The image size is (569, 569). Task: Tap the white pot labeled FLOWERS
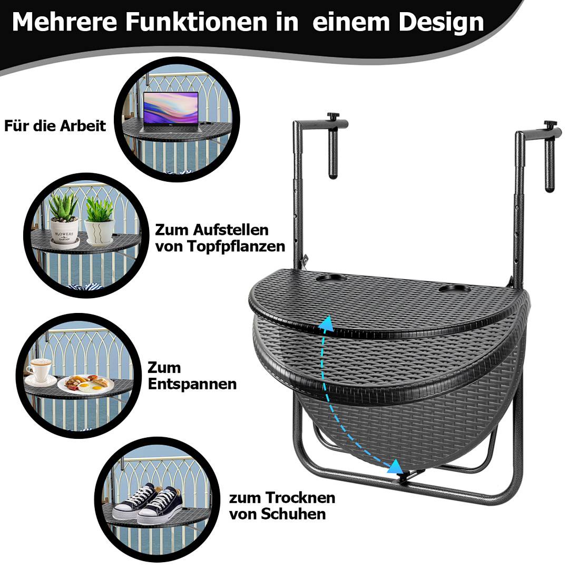(64, 230)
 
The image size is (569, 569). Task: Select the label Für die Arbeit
(55, 126)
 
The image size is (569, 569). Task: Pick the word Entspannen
(192, 384)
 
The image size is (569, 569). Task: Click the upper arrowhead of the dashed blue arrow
(328, 322)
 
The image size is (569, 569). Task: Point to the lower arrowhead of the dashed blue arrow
(394, 465)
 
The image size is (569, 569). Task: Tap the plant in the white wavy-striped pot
(99, 210)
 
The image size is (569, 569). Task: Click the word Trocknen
(300, 497)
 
